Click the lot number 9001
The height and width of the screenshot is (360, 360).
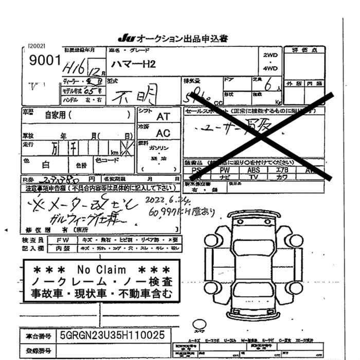click(x=45, y=60)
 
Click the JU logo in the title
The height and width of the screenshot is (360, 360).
click(x=125, y=39)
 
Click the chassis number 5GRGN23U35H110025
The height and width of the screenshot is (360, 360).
click(x=113, y=335)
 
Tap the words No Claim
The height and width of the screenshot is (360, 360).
click(x=102, y=269)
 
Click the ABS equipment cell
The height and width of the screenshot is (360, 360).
click(x=254, y=170)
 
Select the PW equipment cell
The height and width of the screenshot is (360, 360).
click(x=225, y=170)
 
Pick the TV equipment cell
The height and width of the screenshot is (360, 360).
click(x=254, y=177)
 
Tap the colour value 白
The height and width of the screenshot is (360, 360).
click(x=45, y=165)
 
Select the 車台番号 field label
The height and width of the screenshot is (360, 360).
click(x=38, y=336)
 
